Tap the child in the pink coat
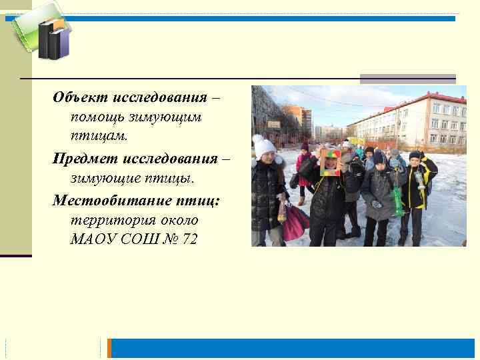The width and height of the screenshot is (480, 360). tap(305, 170)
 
